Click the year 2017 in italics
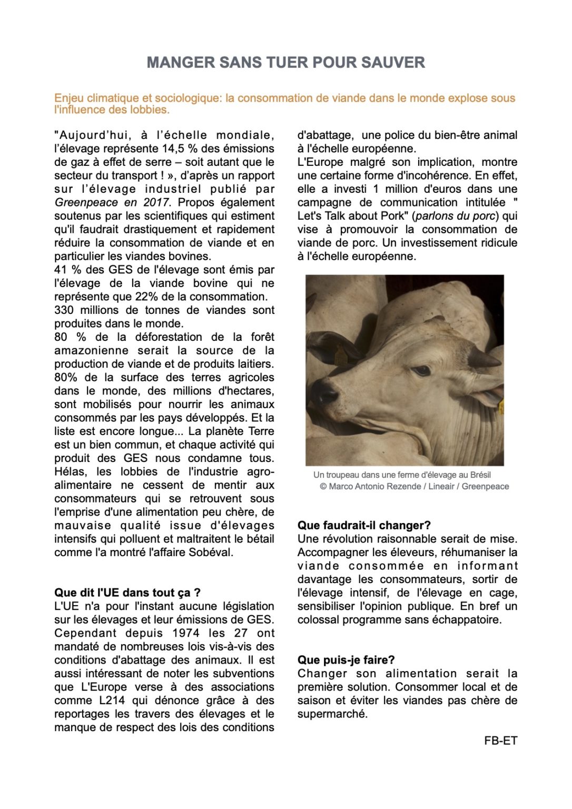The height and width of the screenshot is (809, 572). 155,202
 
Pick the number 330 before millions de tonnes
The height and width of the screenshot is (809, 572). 64,310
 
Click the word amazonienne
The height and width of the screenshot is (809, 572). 91,350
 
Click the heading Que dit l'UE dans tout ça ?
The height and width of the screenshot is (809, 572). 127,593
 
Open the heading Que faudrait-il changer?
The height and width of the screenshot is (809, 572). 364,525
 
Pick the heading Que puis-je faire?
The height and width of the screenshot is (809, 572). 346,660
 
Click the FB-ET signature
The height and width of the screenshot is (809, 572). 500,741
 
